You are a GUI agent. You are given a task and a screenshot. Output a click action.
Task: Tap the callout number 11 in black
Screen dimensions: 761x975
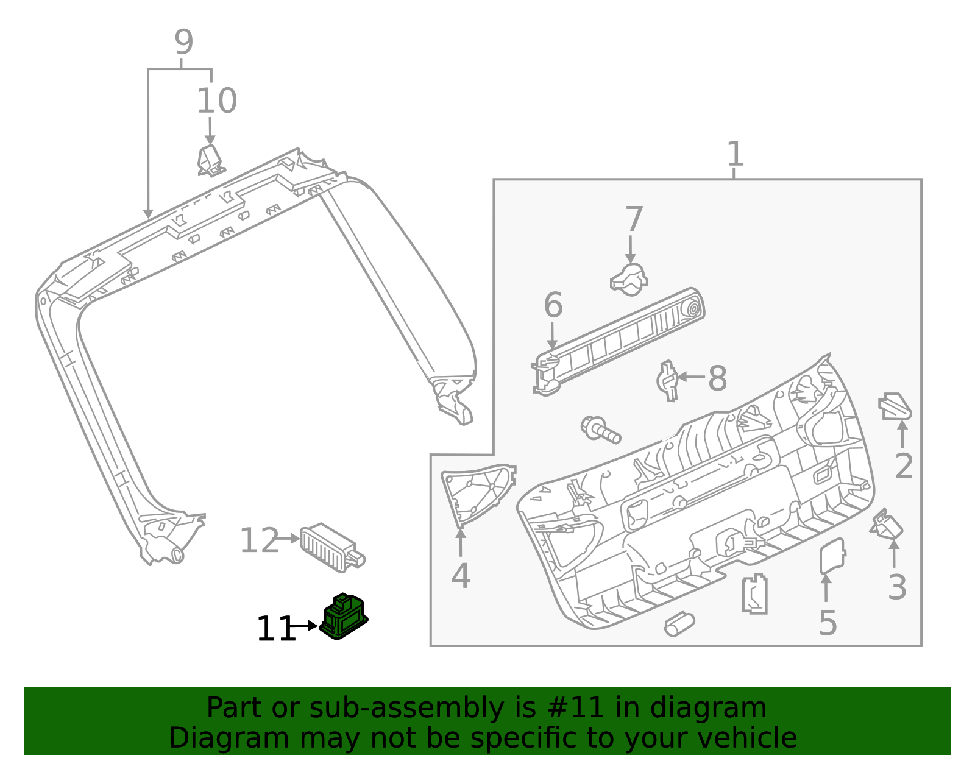tap(275, 629)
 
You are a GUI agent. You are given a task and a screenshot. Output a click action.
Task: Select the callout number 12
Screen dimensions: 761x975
tap(259, 540)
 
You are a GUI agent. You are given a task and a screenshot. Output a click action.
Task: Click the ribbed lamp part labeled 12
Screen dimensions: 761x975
tap(331, 547)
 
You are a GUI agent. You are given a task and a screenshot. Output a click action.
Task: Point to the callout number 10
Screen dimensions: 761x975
tap(216, 101)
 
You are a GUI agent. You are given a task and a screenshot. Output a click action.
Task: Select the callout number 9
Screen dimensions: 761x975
tap(183, 43)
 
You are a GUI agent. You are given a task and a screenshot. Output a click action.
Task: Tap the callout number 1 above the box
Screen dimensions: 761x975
tap(736, 154)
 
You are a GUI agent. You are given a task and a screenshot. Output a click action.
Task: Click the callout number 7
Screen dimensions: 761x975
tap(634, 219)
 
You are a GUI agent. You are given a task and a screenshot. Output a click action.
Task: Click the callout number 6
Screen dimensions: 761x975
tap(553, 305)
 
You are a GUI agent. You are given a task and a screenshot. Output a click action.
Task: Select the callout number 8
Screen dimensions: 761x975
tap(717, 378)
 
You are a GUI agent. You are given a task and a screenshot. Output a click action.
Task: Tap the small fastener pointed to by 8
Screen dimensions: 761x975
tap(668, 381)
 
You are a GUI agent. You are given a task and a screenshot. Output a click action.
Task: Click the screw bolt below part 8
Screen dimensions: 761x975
tap(600, 430)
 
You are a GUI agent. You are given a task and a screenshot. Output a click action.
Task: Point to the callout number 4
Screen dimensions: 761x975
tap(461, 575)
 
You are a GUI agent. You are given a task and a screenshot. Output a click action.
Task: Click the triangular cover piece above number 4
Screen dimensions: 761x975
tap(477, 493)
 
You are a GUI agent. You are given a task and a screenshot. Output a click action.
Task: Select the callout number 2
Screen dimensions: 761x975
tap(904, 466)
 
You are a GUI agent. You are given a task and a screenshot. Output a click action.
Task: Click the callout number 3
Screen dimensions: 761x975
tap(897, 587)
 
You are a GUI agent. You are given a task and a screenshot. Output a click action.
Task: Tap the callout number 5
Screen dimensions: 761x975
tap(828, 623)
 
